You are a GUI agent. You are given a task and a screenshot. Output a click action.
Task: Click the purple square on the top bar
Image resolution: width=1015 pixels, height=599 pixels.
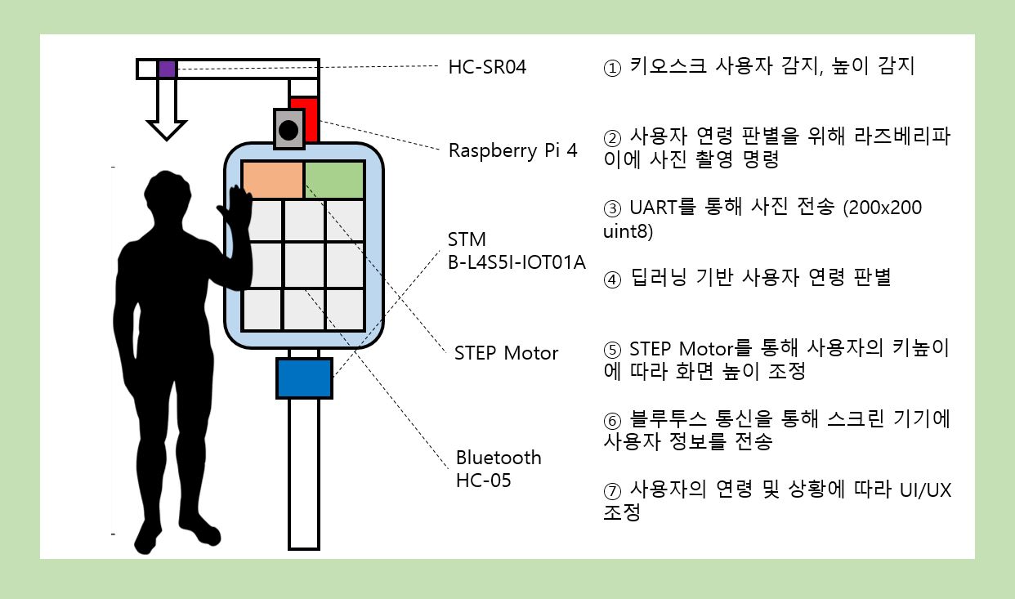167,69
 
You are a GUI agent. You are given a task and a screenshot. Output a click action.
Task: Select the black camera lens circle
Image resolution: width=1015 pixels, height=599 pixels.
288,129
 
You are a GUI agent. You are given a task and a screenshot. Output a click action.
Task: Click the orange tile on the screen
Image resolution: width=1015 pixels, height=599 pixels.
273,180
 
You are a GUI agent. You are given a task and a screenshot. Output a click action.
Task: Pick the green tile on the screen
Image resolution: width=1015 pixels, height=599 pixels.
334,180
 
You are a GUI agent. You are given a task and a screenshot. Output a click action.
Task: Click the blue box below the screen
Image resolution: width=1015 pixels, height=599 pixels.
304,378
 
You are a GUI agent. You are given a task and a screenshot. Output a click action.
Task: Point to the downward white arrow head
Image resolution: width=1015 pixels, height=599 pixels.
166,128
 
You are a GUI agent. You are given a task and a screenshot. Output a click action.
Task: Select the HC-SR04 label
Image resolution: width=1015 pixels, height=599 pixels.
487,67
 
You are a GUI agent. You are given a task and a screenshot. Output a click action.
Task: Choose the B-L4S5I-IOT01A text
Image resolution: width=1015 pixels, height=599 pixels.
516,262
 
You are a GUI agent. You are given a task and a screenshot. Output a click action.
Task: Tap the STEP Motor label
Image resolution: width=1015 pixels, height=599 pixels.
506,353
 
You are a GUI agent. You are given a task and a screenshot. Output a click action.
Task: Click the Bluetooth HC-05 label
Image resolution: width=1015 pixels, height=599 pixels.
499,468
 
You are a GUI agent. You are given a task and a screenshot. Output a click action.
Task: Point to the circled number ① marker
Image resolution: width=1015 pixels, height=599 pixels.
612,69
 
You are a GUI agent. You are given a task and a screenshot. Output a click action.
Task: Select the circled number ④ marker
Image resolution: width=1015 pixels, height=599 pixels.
612,279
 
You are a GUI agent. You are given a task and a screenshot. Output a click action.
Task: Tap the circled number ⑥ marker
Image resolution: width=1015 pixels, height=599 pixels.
612,421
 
